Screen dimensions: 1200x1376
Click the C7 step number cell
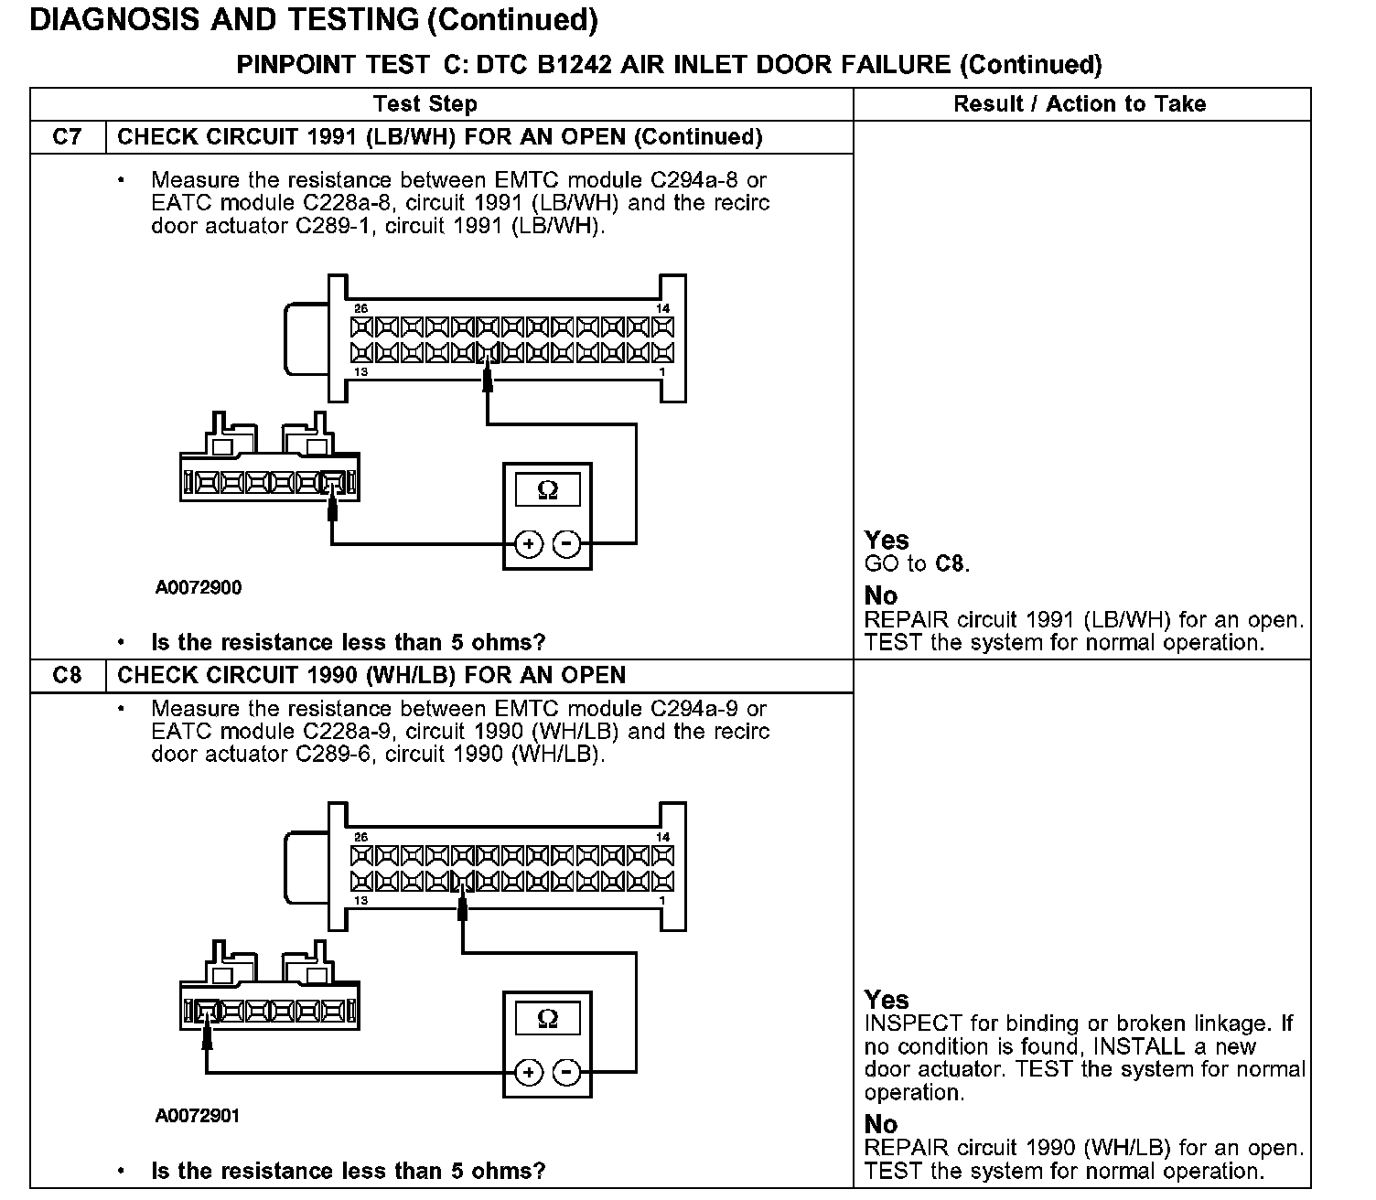click(68, 137)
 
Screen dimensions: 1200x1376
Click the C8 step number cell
click(68, 676)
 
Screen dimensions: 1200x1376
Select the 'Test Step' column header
click(425, 104)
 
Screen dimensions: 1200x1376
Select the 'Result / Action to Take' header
click(1080, 104)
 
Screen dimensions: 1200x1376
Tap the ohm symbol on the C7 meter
click(547, 490)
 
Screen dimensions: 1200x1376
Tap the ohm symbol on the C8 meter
click(547, 1018)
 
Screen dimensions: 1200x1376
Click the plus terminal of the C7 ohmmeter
click(529, 544)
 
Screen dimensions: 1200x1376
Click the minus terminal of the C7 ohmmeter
click(567, 544)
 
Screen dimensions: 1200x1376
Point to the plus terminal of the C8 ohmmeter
click(529, 1072)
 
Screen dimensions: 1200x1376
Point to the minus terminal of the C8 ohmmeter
click(567, 1072)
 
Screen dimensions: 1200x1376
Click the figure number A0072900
click(199, 588)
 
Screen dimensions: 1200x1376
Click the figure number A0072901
click(199, 1116)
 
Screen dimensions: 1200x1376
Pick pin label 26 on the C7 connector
click(360, 309)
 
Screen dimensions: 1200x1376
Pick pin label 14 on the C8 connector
click(663, 837)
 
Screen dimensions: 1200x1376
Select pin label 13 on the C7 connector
click(360, 372)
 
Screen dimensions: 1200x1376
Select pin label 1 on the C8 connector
click(662, 901)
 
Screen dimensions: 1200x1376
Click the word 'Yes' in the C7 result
click(887, 541)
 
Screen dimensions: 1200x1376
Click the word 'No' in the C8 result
click(881, 1124)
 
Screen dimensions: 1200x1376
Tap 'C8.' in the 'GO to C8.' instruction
click(952, 564)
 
